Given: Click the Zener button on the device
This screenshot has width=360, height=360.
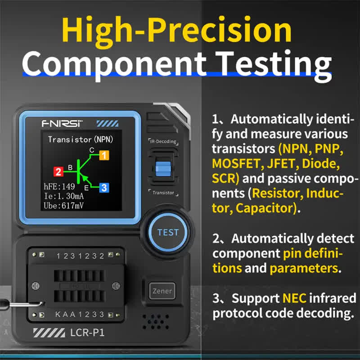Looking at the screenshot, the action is coord(162,291).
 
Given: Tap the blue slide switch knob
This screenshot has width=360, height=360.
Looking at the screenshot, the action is coord(163,169).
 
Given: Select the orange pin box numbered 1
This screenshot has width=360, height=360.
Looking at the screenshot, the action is coord(104,155).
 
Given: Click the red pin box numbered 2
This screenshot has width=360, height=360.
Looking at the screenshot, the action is coord(58,171).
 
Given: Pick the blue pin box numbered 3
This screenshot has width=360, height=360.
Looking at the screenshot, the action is coord(104,188).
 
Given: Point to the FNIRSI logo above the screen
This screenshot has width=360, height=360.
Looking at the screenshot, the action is coord(62,124).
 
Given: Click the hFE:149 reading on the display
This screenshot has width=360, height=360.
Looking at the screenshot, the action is coord(59,186).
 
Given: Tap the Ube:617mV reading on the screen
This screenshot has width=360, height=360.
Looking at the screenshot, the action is coord(63,206).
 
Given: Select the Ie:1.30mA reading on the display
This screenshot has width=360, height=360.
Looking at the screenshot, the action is coord(64,196).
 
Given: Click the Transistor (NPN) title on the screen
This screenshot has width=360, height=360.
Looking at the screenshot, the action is coord(81,139).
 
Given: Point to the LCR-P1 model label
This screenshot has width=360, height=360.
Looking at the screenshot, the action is coord(87,333).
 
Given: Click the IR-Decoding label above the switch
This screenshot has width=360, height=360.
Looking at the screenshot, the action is coord(163,141).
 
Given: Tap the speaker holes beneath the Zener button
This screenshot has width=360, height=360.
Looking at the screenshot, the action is coord(156,322).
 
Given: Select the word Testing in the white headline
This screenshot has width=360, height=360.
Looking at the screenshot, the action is coord(273,65).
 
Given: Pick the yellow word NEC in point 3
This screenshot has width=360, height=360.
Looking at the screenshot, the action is coord(294,298).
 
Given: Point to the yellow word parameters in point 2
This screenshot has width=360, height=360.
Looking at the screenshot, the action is coord(304,268).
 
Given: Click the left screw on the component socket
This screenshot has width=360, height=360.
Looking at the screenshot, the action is coord(36,286).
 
